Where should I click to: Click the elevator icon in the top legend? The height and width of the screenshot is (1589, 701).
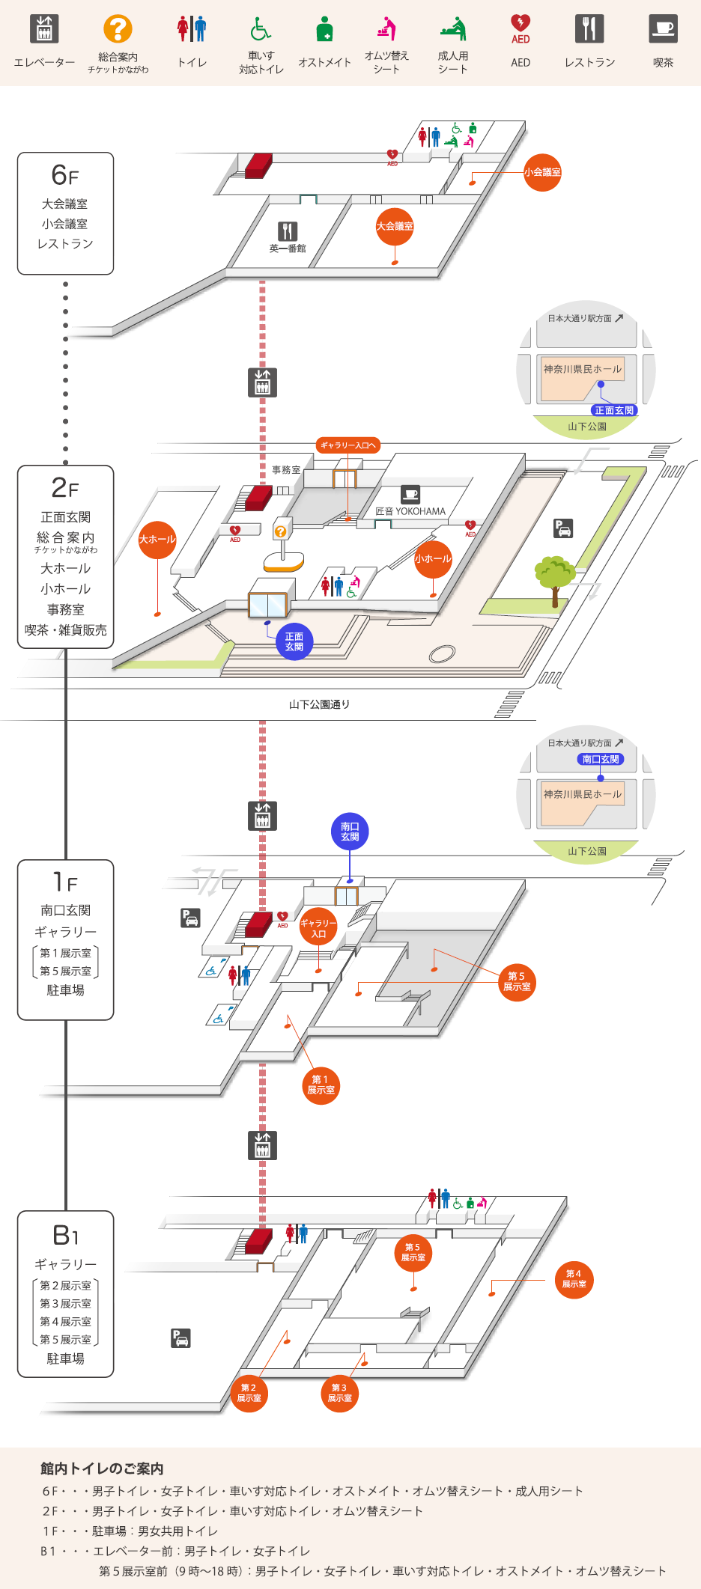[44, 29]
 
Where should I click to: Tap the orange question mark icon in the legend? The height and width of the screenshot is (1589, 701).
[118, 29]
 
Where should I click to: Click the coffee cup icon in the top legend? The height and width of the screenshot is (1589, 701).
[663, 29]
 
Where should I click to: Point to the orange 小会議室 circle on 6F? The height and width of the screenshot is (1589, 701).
[542, 172]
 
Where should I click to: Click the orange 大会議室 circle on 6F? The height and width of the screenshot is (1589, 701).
[395, 226]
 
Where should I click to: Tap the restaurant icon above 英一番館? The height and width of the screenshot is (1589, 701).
[288, 231]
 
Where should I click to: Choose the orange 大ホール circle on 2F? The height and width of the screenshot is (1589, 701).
[157, 540]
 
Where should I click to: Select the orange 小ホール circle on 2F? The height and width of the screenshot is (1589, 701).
[433, 559]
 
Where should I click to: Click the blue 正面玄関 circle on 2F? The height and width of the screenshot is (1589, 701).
[294, 642]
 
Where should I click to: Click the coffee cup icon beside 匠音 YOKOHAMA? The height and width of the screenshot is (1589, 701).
[410, 494]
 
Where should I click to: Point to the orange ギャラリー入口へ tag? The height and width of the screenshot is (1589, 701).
[348, 445]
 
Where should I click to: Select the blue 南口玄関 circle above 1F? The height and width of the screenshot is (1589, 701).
[350, 832]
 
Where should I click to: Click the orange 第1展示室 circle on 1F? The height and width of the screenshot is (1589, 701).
[321, 1085]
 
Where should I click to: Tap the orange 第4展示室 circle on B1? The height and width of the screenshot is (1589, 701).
[574, 1279]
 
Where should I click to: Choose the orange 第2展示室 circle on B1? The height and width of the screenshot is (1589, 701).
[249, 1393]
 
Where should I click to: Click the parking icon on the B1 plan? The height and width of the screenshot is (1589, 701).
[180, 1338]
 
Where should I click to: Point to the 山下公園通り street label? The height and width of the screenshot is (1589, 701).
[319, 704]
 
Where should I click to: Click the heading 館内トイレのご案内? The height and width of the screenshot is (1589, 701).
[102, 1468]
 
